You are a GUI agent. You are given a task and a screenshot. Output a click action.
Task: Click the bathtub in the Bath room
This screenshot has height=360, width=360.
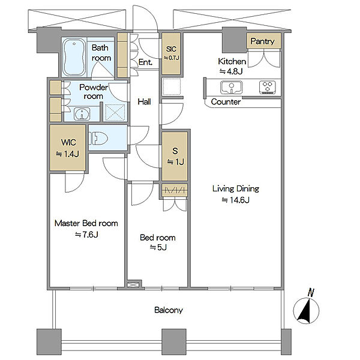pos(74,57)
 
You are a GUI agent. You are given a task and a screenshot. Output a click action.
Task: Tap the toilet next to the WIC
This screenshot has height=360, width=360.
pos(98,138)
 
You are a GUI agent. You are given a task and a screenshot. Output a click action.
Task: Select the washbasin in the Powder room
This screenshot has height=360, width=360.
pos(82,113)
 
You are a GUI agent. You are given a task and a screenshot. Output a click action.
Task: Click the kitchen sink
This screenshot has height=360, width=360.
pos(231,87)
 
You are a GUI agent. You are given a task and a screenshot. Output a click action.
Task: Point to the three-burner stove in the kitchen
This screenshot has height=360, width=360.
pos(268,87)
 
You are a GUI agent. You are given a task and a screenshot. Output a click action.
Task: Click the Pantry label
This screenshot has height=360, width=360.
pos(262,41)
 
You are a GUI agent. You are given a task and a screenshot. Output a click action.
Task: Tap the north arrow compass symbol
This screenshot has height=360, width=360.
pos(306,310)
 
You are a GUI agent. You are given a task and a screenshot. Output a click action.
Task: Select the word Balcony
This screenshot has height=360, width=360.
pos(169,310)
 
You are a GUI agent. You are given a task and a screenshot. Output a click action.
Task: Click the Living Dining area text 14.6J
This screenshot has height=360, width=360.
pos(236,200)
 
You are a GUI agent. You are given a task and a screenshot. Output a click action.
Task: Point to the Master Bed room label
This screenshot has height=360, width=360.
pos(86,223)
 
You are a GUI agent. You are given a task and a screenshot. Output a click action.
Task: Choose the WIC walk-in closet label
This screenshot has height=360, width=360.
pos(68,142)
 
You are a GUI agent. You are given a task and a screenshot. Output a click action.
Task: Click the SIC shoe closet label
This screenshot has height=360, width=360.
pos(171,49)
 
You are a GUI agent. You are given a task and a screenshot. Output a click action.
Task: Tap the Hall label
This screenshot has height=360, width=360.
pos(144,102)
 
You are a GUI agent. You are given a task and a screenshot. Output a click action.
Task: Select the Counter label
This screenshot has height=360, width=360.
pos(226,102)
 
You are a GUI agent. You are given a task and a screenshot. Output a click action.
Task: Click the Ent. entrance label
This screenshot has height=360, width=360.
pos(145,62)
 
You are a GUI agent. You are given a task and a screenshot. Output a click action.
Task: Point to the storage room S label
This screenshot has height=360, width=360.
pos(175,151)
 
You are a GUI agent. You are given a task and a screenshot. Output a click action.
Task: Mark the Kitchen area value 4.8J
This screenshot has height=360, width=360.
pos(231,71)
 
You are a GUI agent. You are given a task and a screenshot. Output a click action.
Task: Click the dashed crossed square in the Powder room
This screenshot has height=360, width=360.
pos(115,113)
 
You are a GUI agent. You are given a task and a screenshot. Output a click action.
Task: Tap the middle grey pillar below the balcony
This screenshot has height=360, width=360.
pos(174,342)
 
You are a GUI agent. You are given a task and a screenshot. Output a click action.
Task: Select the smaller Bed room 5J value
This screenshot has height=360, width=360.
pos(158,247)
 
